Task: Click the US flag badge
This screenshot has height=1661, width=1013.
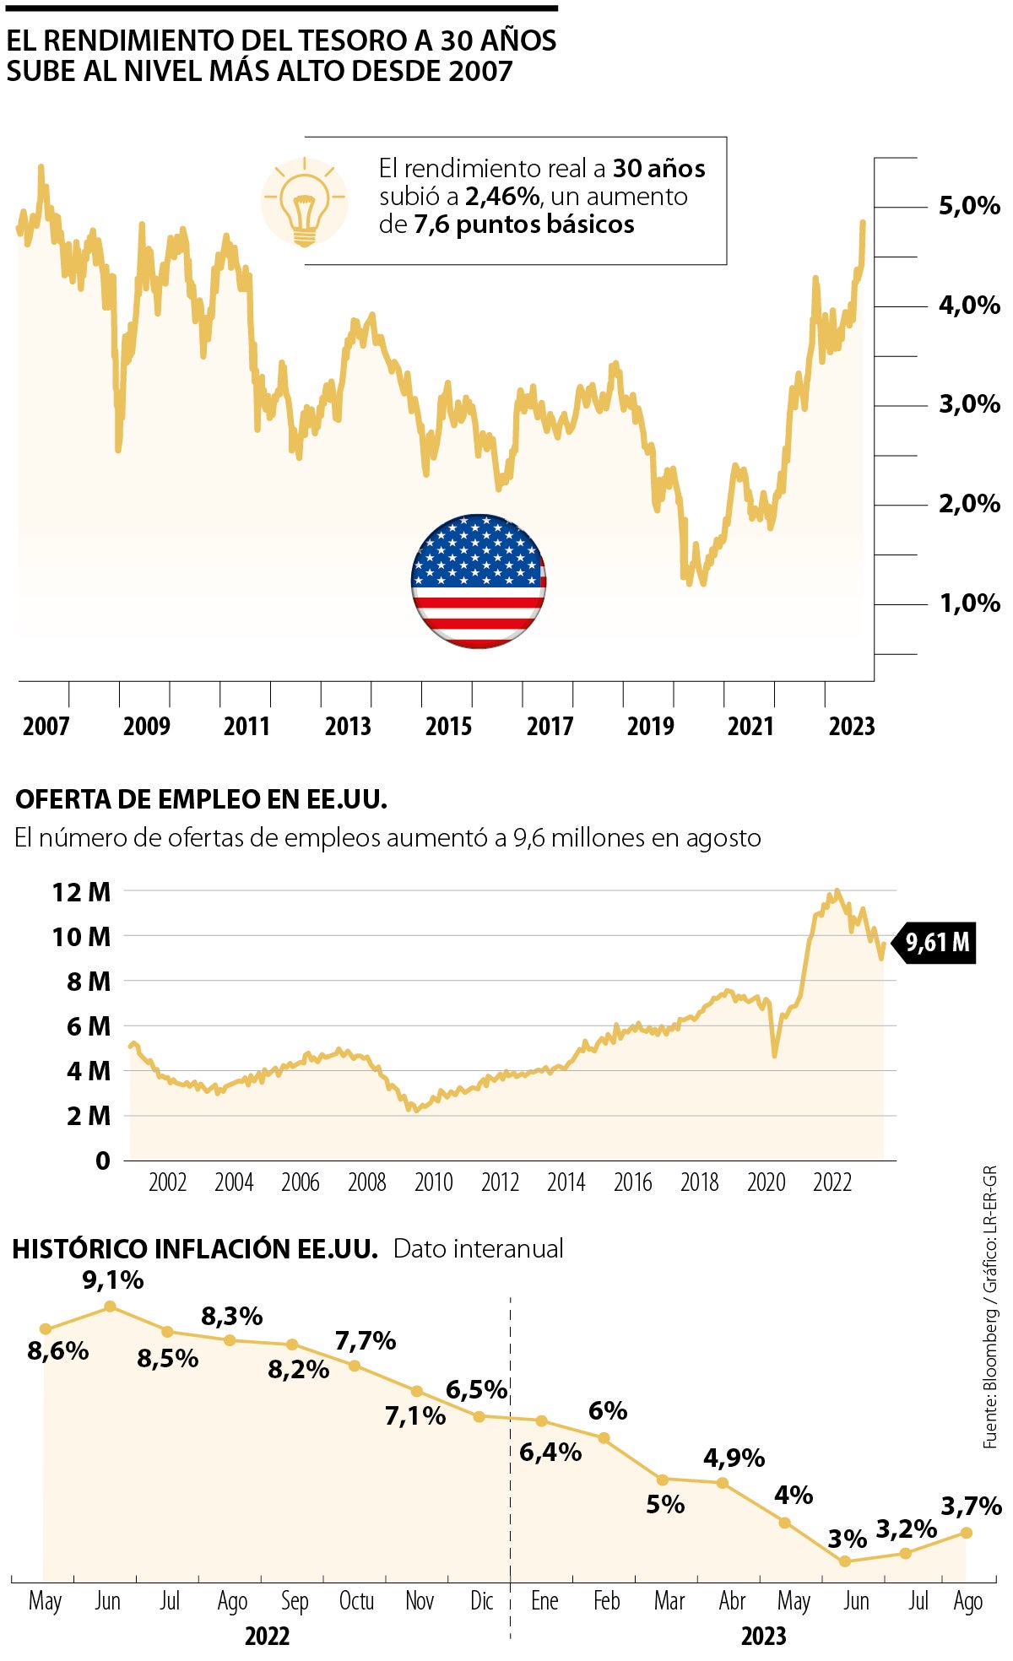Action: (478, 581)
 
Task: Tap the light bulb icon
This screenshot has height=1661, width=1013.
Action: (304, 203)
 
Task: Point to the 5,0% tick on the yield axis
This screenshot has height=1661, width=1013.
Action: (969, 206)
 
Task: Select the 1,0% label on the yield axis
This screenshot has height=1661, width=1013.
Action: (969, 603)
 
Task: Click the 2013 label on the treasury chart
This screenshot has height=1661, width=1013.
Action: (348, 726)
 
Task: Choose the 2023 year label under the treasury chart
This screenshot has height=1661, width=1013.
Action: (851, 726)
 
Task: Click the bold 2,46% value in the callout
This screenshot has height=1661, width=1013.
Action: (502, 197)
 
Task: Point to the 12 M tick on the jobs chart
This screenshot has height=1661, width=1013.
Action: (81, 892)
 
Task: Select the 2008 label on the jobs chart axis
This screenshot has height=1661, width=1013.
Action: (367, 1182)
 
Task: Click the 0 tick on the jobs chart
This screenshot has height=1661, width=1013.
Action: (103, 1161)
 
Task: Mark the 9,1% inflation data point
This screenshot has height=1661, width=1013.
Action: (110, 1307)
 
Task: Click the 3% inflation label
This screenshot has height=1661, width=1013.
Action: (847, 1539)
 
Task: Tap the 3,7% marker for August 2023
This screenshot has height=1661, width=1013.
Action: (967, 1533)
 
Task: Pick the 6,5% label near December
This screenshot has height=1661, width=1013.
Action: (477, 1389)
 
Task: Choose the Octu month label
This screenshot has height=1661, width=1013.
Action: (356, 1601)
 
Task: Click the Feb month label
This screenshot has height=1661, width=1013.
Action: (606, 1601)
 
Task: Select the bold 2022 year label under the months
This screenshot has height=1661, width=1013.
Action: (267, 1637)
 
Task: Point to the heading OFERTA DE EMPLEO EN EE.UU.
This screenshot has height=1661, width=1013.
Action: (201, 799)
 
